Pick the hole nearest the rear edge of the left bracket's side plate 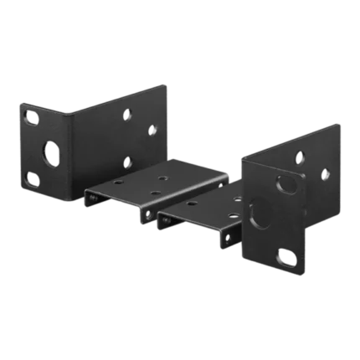(x=153, y=130)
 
